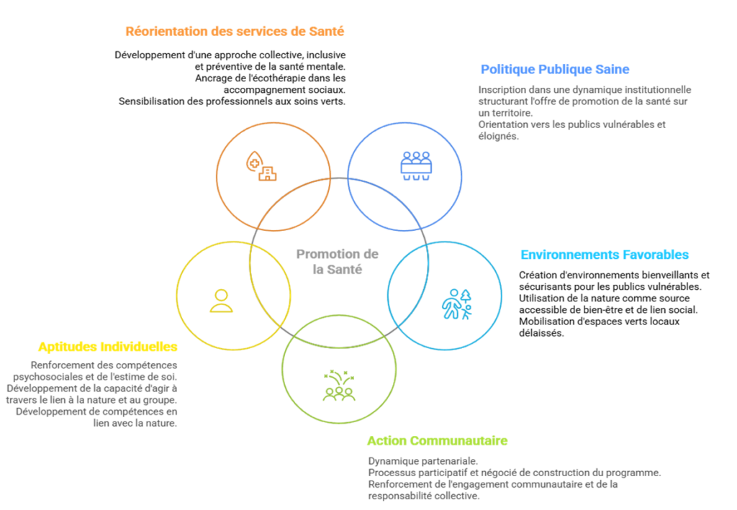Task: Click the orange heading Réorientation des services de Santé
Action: pos(235,32)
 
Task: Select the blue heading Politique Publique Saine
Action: pos(554,70)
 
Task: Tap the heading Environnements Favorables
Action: pos(605,255)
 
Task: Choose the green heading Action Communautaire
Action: pos(437,441)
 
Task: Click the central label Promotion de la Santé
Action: pos(338,262)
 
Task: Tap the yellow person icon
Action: pos(221,301)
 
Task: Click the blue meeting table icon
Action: pos(416,166)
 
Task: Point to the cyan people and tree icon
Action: pos(456,304)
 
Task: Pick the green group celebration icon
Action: pos(338,386)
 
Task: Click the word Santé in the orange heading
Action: pos(327,32)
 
